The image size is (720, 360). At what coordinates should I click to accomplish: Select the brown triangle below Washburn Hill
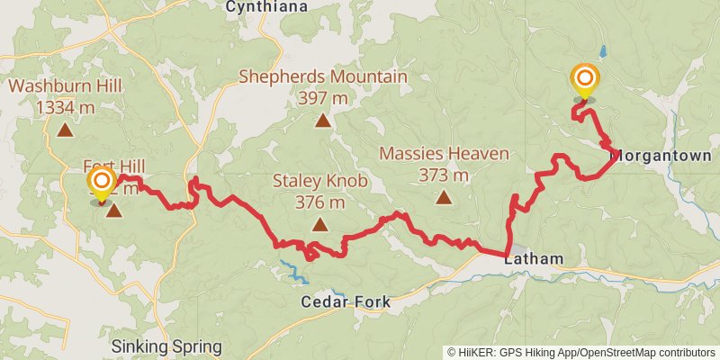click(x=66, y=130)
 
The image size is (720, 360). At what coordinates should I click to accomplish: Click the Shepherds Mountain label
click(x=323, y=76)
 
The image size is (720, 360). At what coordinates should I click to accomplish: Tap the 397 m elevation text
click(x=323, y=97)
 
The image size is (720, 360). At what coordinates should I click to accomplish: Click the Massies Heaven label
click(x=444, y=154)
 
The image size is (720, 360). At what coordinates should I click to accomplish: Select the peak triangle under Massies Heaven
click(x=444, y=195)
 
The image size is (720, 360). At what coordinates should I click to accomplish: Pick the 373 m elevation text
click(x=444, y=175)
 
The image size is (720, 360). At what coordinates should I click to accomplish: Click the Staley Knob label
click(x=319, y=182)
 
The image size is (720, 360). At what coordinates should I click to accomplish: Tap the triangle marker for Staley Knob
click(x=319, y=224)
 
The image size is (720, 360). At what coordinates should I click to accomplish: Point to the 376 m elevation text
click(x=319, y=202)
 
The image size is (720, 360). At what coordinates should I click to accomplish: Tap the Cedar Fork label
click(x=346, y=302)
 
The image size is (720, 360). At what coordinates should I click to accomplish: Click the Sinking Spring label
click(x=166, y=346)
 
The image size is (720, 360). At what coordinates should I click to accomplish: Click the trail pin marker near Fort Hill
click(x=102, y=183)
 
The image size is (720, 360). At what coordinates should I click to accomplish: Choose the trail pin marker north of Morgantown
click(x=585, y=80)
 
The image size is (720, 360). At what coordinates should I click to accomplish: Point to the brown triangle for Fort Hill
click(x=114, y=210)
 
